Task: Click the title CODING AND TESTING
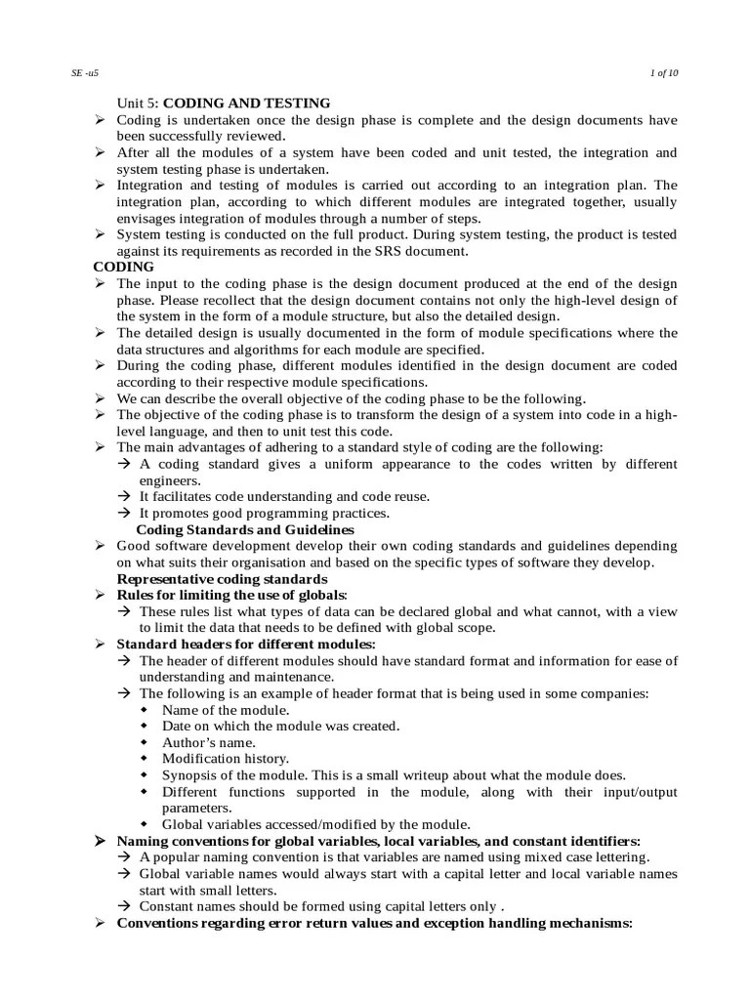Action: [246, 103]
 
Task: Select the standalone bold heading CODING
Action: [123, 267]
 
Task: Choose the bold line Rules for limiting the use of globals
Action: [231, 595]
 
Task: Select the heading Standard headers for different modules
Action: [245, 645]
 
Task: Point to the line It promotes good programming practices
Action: [264, 513]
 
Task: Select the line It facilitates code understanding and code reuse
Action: [284, 496]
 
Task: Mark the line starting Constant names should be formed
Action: [322, 906]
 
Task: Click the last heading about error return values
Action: [375, 923]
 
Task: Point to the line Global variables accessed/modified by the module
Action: [315, 824]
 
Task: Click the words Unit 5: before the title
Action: [139, 103]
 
